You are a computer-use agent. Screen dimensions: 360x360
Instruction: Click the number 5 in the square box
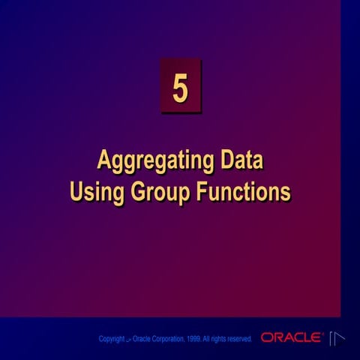coord(180,87)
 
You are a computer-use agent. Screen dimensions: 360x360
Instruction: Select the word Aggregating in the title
coord(142,163)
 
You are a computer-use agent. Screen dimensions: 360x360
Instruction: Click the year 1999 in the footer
coord(193,339)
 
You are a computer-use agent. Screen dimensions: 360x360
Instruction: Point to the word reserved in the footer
coord(237,339)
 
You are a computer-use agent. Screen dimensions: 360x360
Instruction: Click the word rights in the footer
coord(217,339)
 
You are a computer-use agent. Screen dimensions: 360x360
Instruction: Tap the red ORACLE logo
coord(292,338)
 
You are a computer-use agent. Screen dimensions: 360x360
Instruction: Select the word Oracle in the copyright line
coord(142,339)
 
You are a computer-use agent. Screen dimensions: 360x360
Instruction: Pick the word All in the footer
coord(205,339)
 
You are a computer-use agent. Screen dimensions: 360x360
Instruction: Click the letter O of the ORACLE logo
coord(266,338)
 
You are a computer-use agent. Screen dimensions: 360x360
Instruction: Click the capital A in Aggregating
coord(104,161)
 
